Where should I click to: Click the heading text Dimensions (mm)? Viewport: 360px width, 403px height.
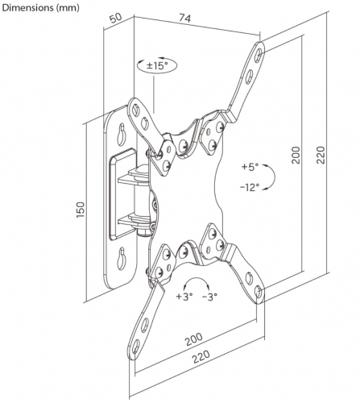click(x=41, y=8)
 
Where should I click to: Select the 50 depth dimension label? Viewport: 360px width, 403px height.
click(x=116, y=18)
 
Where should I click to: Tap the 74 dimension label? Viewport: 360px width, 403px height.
click(x=185, y=18)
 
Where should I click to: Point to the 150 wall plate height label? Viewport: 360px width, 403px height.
click(x=81, y=210)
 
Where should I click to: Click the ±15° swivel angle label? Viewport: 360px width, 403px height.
click(x=157, y=65)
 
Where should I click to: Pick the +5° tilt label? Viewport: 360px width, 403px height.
click(x=250, y=167)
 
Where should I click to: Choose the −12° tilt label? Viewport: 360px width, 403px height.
click(x=250, y=187)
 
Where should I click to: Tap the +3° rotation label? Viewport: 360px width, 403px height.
click(x=184, y=297)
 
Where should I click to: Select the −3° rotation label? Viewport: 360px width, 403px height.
click(x=209, y=297)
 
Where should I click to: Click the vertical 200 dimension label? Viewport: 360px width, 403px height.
click(x=296, y=155)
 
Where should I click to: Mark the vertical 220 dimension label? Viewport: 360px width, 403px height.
click(x=321, y=155)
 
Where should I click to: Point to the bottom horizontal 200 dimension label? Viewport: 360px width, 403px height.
click(x=194, y=339)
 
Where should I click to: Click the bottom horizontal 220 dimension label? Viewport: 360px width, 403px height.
click(x=201, y=357)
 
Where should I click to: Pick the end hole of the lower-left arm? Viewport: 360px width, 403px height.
click(x=136, y=347)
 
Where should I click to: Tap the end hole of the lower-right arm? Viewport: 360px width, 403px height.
click(x=259, y=292)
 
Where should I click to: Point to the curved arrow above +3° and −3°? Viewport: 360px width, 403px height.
click(x=197, y=280)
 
